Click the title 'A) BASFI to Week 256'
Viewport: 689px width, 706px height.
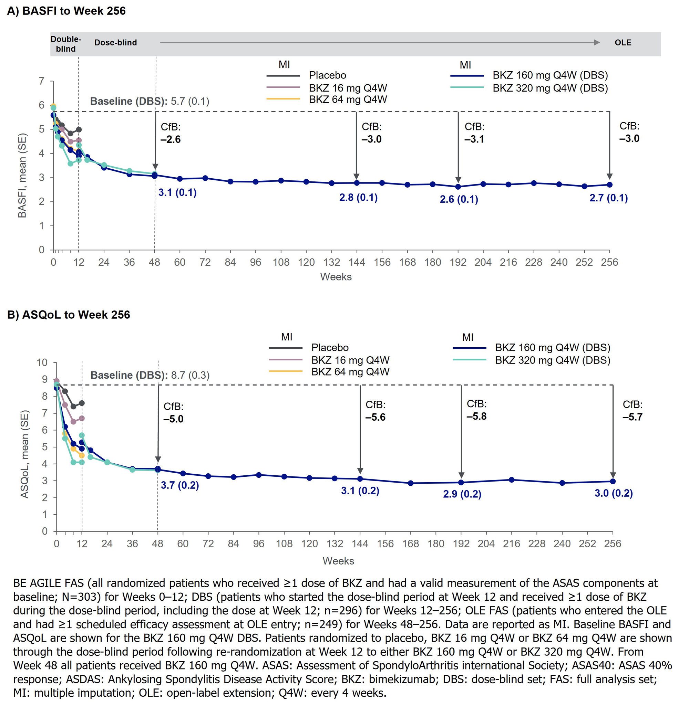(x=66, y=11)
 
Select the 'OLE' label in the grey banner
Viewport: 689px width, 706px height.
(x=623, y=43)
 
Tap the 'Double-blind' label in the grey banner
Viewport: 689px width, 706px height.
(x=65, y=44)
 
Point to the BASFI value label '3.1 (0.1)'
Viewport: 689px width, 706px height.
(x=177, y=193)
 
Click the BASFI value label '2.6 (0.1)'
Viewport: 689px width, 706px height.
(x=459, y=199)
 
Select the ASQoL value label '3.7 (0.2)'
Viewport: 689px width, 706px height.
(x=180, y=485)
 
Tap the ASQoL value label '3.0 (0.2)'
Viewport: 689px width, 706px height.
(x=614, y=493)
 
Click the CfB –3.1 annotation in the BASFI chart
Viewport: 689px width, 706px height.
(x=474, y=133)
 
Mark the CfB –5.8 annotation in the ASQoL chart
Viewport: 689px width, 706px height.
(x=476, y=410)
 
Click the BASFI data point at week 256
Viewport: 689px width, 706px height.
(x=609, y=185)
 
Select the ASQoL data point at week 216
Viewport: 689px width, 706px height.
(x=511, y=480)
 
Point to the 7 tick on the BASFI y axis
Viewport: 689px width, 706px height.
(x=42, y=81)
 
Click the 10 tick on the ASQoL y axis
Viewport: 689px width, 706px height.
(x=42, y=362)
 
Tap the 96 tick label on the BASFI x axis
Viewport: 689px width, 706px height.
(x=256, y=262)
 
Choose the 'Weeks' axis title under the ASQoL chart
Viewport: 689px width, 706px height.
(x=338, y=561)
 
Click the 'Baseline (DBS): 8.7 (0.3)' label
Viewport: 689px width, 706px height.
(x=150, y=375)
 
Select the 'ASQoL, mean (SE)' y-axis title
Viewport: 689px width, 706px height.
(x=24, y=454)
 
